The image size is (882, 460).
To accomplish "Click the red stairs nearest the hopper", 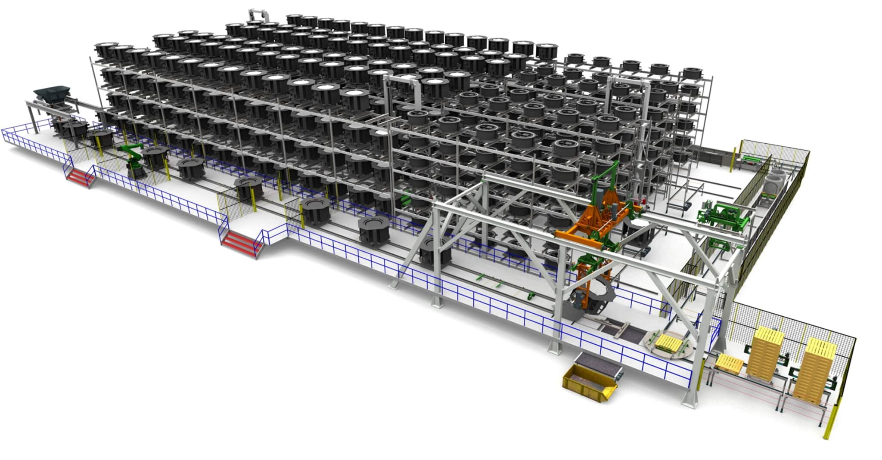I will (79, 177).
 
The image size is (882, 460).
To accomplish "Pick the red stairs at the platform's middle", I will (240, 244).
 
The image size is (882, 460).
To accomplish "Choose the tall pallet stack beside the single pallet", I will (764, 351).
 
